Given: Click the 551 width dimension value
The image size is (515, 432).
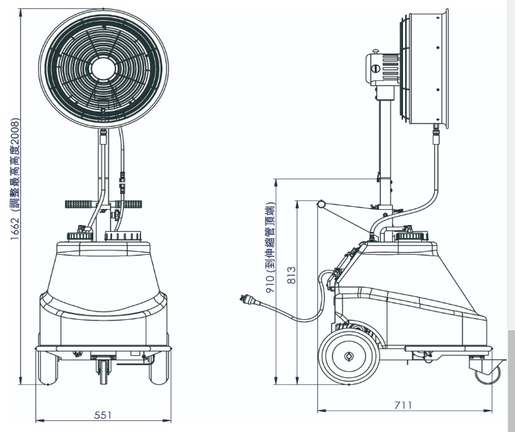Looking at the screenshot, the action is (x=103, y=415).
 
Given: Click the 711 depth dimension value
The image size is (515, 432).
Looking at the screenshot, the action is (x=403, y=405).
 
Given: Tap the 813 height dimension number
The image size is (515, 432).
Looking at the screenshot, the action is (x=291, y=275).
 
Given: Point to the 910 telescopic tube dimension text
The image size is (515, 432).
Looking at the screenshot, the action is (x=270, y=247).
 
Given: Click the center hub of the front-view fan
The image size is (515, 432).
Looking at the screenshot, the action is (x=104, y=69).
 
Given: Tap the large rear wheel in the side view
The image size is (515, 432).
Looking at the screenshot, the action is (x=349, y=357).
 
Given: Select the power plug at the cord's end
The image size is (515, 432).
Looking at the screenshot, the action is (x=249, y=300).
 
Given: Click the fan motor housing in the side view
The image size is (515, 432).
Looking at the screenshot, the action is (x=383, y=69).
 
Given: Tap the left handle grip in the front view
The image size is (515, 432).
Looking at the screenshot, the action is (x=79, y=204).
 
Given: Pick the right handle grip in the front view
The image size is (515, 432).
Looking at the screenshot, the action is (x=129, y=204).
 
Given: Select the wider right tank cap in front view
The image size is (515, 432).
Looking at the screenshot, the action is (x=123, y=236).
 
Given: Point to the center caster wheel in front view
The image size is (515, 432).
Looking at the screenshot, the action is (x=104, y=372).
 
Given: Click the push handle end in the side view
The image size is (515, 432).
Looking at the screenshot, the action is (x=321, y=204).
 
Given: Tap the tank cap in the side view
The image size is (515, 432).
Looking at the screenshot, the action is (x=412, y=236).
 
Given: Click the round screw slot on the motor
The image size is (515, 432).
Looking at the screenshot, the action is (x=375, y=69).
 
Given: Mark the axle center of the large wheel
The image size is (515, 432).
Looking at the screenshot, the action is (x=349, y=357).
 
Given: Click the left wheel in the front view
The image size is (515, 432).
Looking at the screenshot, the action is (x=48, y=368).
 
